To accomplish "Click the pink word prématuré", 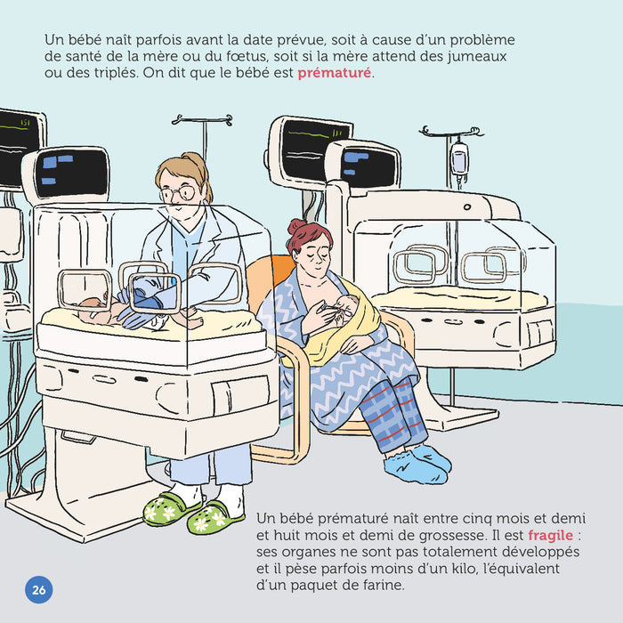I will [335, 73].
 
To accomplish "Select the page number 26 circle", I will [38, 589].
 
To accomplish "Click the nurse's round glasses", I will [178, 193].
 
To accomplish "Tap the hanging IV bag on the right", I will [458, 160].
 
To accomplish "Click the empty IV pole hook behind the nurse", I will [202, 120].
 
